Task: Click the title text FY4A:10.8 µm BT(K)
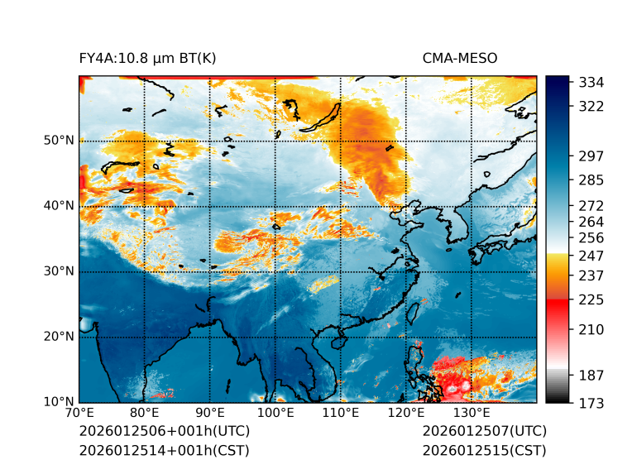coord(147,59)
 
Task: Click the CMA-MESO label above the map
coord(460,59)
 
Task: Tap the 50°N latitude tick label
coord(59,141)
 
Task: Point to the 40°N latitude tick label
coord(59,206)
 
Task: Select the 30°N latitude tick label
coord(59,271)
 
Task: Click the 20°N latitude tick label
coord(59,337)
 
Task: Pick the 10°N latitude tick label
coord(59,402)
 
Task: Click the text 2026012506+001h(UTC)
coord(165,432)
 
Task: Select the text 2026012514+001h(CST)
coord(164,451)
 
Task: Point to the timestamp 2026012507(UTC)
coord(485,432)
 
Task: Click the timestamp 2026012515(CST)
coord(484,451)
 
